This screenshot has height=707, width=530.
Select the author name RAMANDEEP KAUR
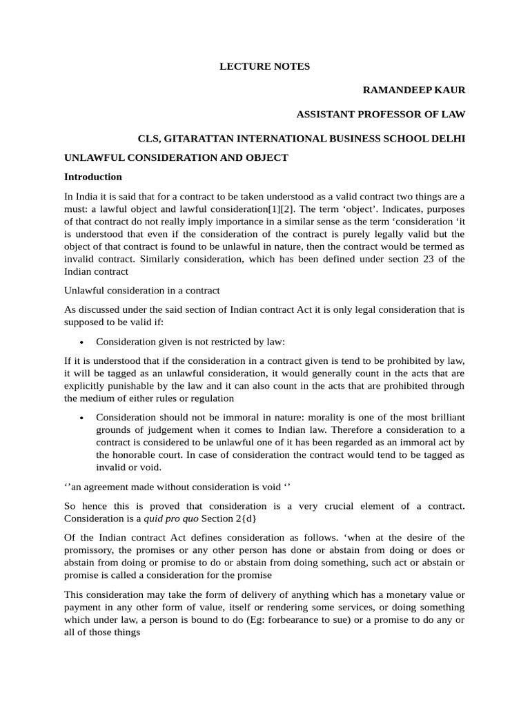[414, 90]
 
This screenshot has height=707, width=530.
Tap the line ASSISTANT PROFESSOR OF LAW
[381, 115]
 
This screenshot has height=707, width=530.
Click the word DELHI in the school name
[449, 139]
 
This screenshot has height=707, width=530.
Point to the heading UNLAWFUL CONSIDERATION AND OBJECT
[176, 157]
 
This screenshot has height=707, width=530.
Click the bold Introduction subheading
[93, 177]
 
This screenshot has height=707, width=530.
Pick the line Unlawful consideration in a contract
[142, 291]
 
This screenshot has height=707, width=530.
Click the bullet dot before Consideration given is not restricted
[82, 342]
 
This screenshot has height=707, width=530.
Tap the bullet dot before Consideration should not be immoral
[82, 418]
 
